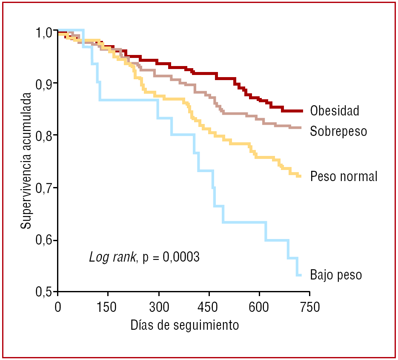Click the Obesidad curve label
[x=335, y=111]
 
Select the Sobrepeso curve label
[x=338, y=131]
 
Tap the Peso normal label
[x=344, y=176]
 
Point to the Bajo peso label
[x=336, y=275]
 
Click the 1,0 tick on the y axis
[x=43, y=32]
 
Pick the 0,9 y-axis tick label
[x=43, y=84]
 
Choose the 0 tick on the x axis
[x=58, y=307]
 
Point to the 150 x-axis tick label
[x=108, y=307]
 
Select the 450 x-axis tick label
[x=209, y=307]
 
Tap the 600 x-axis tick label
[x=259, y=307]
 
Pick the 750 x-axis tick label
[x=309, y=307]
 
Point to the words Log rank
[x=113, y=257]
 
